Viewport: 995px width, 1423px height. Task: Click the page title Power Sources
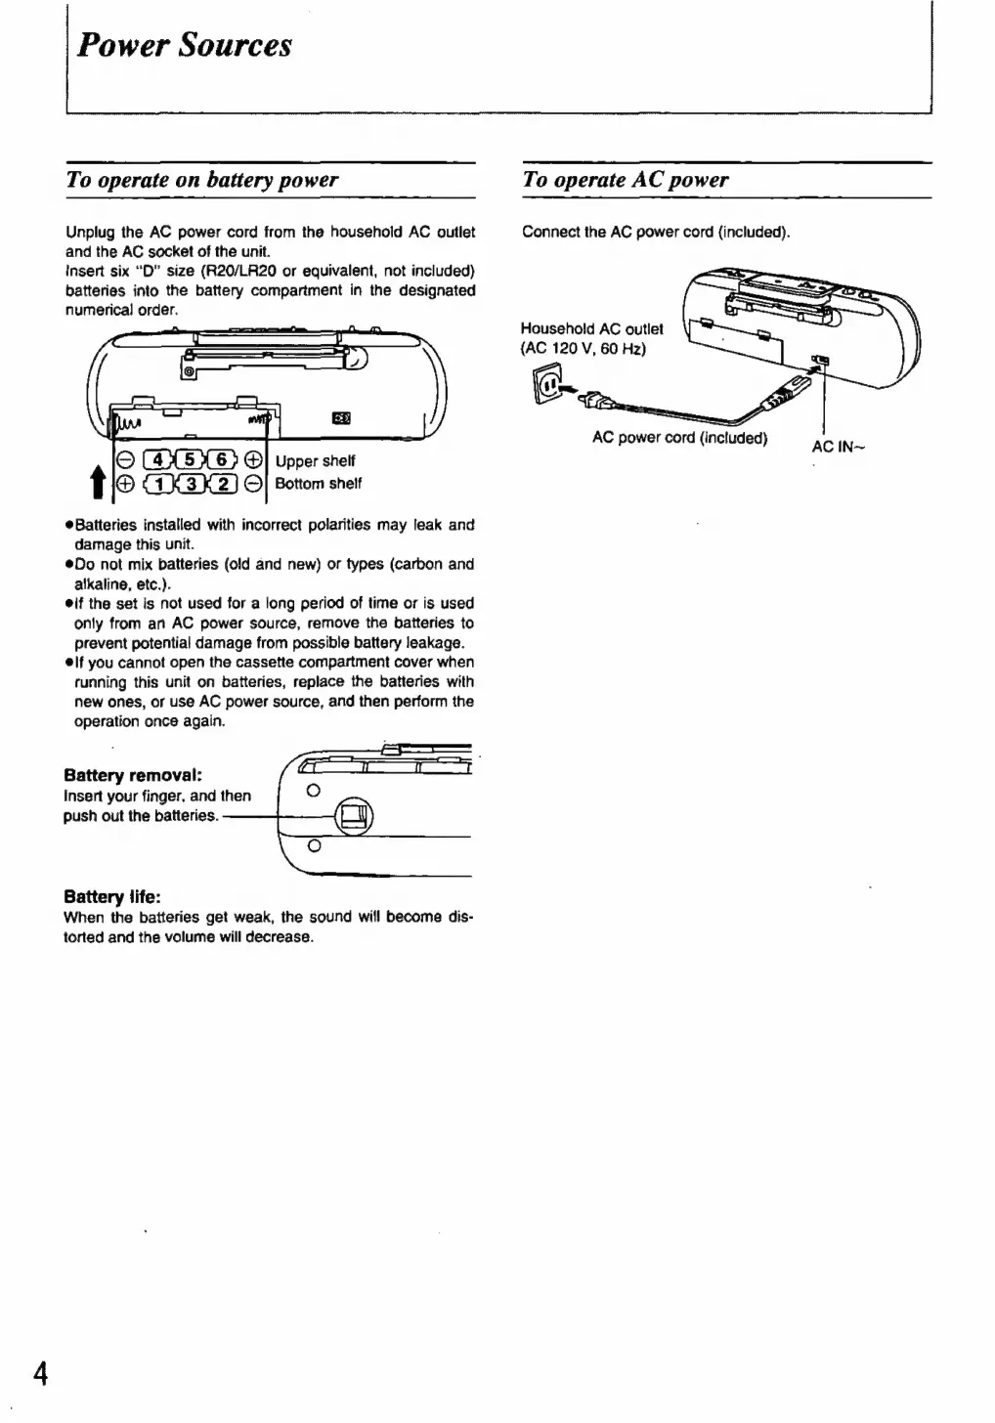[x=184, y=46]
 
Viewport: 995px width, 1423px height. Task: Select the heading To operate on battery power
[x=201, y=180]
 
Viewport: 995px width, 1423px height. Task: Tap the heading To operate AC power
[x=626, y=180]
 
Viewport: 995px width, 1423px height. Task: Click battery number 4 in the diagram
[x=158, y=460]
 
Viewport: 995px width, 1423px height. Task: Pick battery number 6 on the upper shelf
[x=222, y=460]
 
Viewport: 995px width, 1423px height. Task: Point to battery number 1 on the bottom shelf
[x=158, y=484]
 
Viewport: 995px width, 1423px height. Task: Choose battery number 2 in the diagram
[x=223, y=484]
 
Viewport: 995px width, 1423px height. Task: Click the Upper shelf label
[x=315, y=461]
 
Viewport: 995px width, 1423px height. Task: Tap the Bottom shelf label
[x=318, y=484]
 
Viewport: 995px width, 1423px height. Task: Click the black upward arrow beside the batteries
[x=98, y=481]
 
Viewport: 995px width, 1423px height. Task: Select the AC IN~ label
[x=838, y=448]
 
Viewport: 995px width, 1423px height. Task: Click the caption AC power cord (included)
[x=679, y=438]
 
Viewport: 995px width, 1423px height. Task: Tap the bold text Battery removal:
[x=133, y=775]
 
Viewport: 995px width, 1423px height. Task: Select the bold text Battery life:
[x=112, y=896]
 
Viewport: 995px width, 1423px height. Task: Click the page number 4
[x=40, y=1373]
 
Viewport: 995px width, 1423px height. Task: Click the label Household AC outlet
[x=591, y=329]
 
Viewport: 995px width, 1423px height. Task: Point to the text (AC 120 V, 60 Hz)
[x=583, y=349]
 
